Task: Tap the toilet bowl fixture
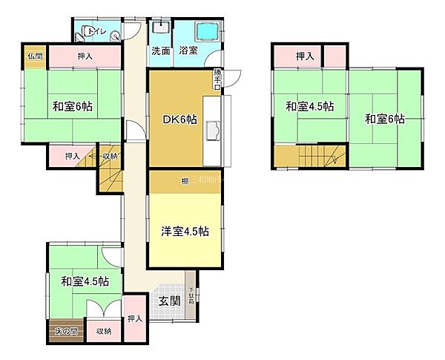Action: pyautogui.click(x=88, y=30)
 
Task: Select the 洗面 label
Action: pyautogui.click(x=161, y=51)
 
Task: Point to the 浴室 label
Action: pyautogui.click(x=189, y=51)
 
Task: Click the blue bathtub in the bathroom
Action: pyautogui.click(x=207, y=33)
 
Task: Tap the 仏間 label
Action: pyautogui.click(x=35, y=56)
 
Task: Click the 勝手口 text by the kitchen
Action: pyautogui.click(x=217, y=78)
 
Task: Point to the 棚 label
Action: pyautogui.click(x=183, y=180)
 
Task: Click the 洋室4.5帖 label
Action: pyautogui.click(x=185, y=231)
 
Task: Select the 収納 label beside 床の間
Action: pyautogui.click(x=104, y=331)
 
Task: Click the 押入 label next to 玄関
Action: pyautogui.click(x=134, y=318)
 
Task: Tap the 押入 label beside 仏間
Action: pyautogui.click(x=84, y=56)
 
